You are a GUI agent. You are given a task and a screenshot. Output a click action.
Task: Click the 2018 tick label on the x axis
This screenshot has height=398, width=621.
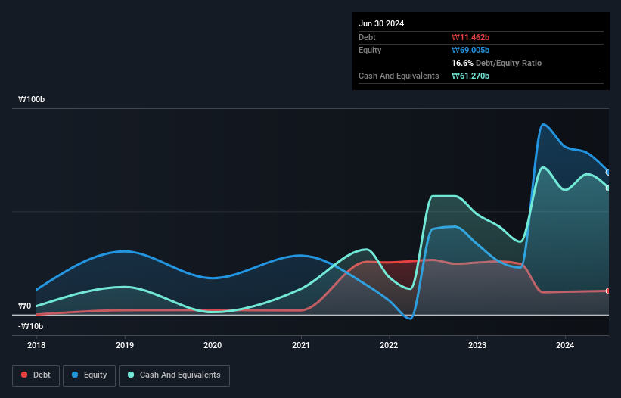pos(36,345)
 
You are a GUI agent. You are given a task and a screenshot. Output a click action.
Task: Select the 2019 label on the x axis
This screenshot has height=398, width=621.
pos(125,345)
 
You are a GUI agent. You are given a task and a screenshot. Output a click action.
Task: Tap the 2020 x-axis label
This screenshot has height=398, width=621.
pos(213,345)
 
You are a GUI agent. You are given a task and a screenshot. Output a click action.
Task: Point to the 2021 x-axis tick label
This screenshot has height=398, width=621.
pos(301,345)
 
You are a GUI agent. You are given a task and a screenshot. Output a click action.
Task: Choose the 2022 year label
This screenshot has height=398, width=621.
pos(389,345)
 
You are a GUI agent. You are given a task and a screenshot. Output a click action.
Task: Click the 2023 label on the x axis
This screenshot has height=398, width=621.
pos(477,345)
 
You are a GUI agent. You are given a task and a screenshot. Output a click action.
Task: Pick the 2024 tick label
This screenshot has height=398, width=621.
pos(565,345)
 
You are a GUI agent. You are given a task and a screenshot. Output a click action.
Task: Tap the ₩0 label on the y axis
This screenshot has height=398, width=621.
pos(25,306)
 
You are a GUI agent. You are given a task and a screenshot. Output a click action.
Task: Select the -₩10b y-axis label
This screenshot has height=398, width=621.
pos(32,326)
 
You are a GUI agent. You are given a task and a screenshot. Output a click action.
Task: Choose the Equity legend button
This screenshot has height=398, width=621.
pos(89,375)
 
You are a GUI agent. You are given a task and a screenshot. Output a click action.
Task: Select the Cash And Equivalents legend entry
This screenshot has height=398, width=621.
pos(174,375)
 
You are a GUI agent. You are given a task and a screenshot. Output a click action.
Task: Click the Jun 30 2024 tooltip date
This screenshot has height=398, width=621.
pos(381,23)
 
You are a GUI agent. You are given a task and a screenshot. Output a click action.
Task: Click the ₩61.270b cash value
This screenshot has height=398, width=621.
pos(470,76)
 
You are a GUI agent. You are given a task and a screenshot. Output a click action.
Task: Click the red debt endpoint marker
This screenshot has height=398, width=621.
pos(608,291)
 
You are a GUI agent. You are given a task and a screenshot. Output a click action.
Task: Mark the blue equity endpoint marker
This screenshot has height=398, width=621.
pos(608,172)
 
